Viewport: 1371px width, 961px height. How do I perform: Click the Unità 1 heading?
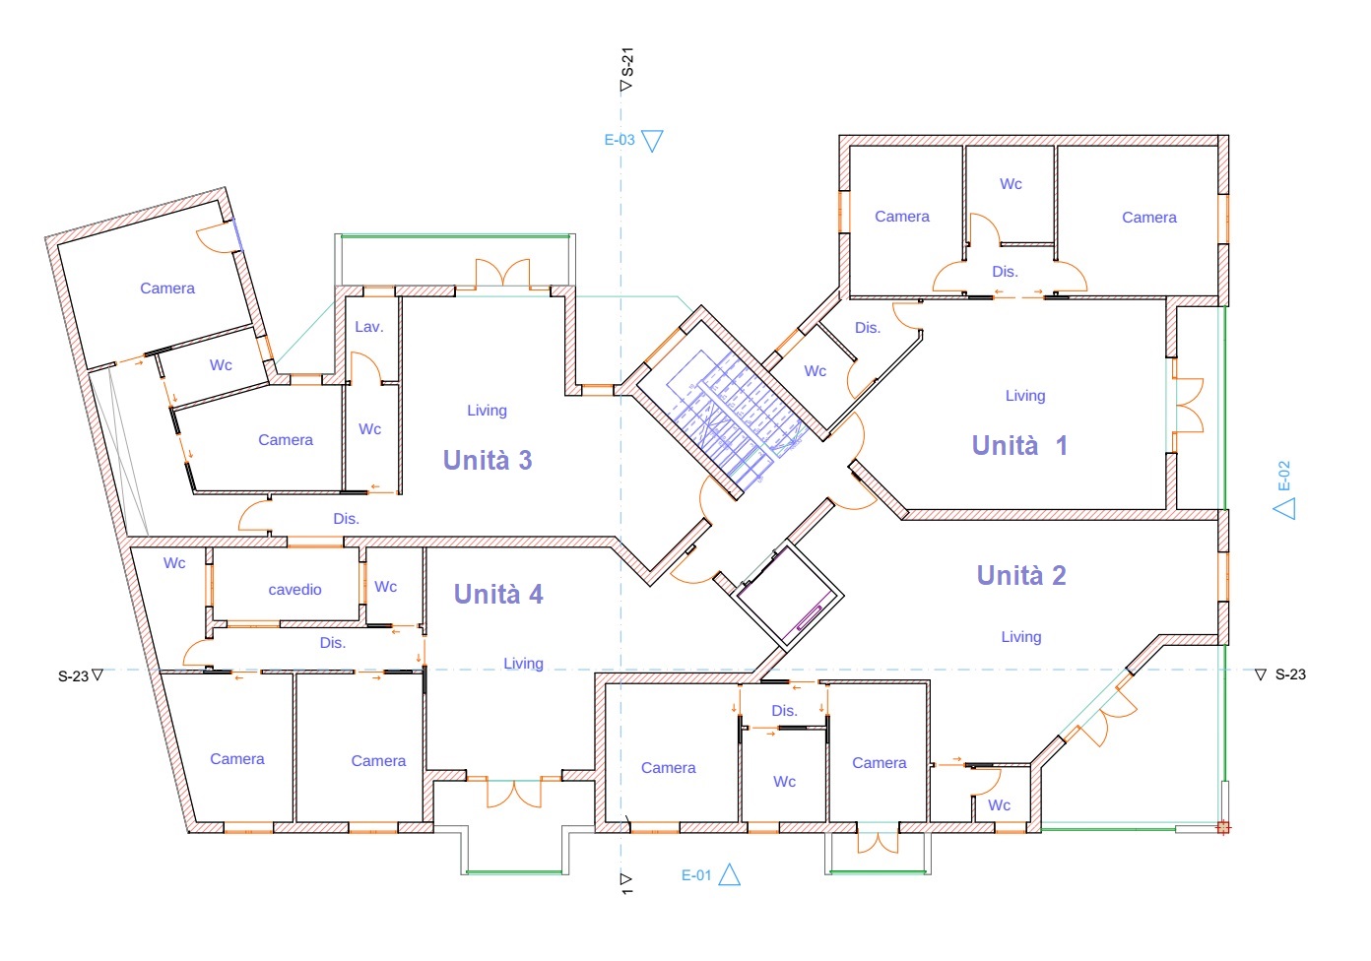[1019, 445]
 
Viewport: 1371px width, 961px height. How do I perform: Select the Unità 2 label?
[1021, 575]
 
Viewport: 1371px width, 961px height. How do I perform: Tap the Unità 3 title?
[488, 460]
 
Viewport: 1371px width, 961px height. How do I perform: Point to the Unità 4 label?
[498, 594]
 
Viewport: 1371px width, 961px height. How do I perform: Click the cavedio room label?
[295, 590]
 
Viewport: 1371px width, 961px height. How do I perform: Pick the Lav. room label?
[369, 327]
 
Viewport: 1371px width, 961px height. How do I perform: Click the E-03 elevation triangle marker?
[652, 141]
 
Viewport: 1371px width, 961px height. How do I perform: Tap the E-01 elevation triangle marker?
[729, 874]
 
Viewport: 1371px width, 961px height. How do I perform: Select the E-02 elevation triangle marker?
[1284, 508]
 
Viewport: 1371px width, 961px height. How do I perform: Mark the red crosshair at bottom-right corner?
[1223, 828]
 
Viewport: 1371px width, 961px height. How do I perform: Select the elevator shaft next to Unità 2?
[787, 597]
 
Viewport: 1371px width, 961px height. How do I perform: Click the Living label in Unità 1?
[1025, 396]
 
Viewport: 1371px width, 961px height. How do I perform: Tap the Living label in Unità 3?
[487, 411]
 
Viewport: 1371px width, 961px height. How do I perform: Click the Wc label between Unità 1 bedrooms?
[1011, 184]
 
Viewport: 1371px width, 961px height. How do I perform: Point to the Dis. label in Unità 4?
[332, 643]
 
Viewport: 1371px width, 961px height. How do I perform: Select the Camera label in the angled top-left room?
[167, 288]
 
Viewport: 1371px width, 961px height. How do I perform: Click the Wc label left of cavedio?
[174, 563]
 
